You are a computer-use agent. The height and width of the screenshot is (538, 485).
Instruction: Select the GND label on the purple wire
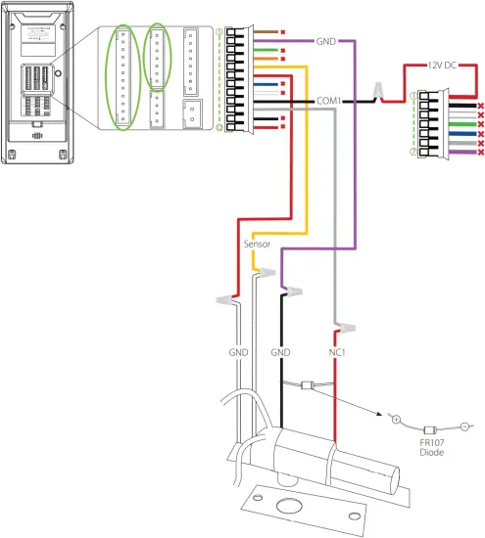pos(326,42)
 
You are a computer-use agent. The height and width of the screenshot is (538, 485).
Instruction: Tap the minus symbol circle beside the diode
pos(464,426)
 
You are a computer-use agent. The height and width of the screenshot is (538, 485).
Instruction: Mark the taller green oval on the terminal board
pos(121,78)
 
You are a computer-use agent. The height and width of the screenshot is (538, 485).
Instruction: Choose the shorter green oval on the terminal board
pos(157,56)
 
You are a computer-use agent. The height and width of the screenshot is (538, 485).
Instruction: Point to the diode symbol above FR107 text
pos(429,428)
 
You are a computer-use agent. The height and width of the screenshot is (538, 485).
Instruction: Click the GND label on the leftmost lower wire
pos(238,350)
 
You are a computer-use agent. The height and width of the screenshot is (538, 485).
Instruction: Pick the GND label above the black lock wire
pos(282,350)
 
